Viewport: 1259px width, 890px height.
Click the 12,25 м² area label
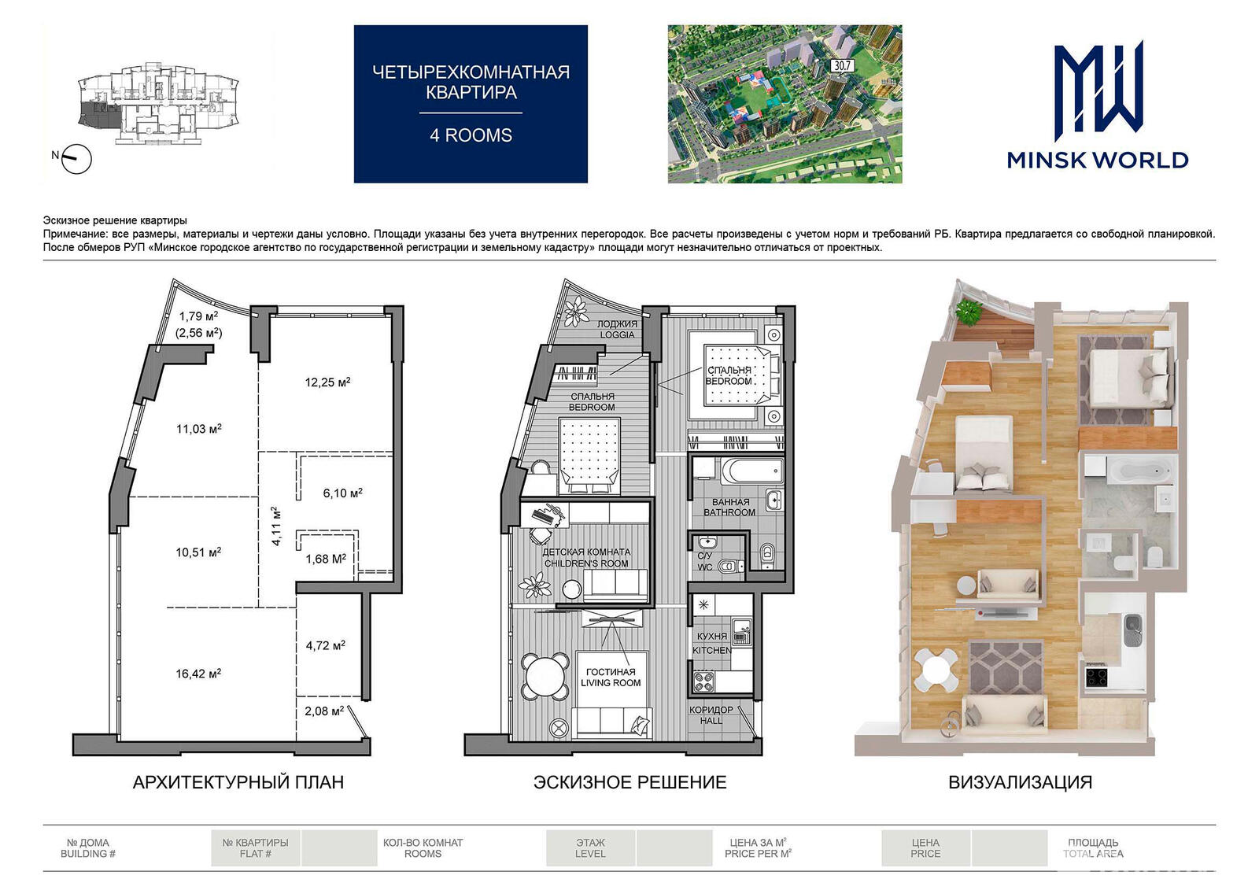point(327,382)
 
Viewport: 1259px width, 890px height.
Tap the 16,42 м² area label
point(198,673)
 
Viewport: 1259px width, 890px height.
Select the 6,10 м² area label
point(343,493)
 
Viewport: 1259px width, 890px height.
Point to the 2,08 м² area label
point(324,711)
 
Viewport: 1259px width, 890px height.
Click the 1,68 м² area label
point(326,559)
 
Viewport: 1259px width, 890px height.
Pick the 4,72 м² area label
point(326,645)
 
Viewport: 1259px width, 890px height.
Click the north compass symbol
point(76,159)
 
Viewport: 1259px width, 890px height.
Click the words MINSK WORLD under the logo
point(1098,161)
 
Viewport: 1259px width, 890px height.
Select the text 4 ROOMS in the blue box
point(471,135)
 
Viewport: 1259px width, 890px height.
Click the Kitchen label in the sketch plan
point(712,643)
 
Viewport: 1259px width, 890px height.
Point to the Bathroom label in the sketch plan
point(730,507)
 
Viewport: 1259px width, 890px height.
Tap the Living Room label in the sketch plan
point(611,678)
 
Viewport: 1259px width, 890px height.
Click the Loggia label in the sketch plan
point(617,330)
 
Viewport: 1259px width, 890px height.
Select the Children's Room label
point(586,558)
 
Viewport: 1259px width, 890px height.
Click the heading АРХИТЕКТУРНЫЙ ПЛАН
point(238,782)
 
